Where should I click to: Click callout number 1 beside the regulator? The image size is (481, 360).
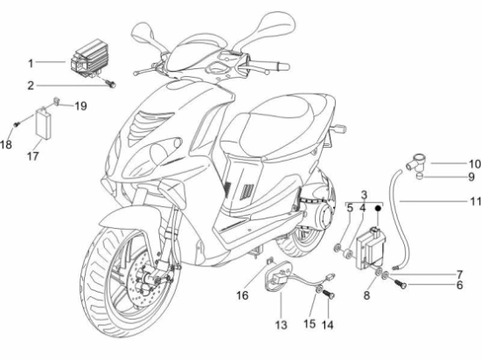(x=31, y=64)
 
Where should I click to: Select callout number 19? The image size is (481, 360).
(x=80, y=106)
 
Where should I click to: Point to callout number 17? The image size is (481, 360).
(x=33, y=156)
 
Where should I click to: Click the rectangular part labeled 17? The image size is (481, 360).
(x=44, y=123)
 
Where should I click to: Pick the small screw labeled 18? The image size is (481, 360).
(x=17, y=124)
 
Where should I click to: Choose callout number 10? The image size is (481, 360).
(x=474, y=164)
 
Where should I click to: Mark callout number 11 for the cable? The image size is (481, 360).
(x=475, y=201)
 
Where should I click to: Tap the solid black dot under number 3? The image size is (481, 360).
(x=378, y=208)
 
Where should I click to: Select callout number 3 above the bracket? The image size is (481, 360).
(x=364, y=195)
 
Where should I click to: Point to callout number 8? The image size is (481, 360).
(x=366, y=295)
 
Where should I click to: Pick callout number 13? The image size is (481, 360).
(x=281, y=324)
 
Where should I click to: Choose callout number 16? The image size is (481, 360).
(x=242, y=295)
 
